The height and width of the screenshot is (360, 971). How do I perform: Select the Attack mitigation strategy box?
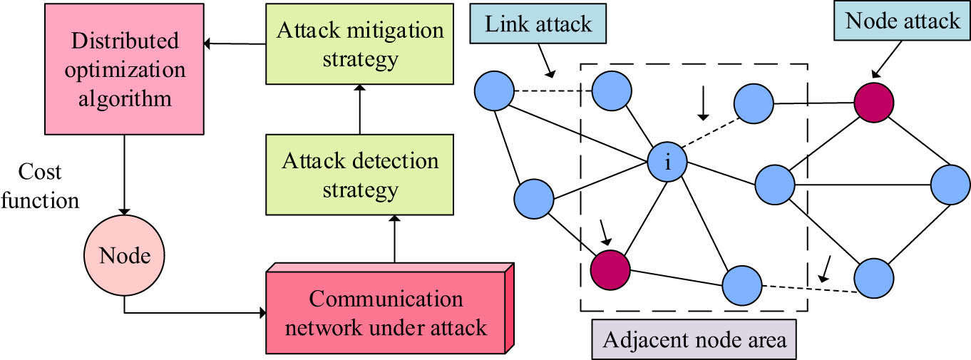coord(359,45)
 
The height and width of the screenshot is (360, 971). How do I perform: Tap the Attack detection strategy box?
coord(359,175)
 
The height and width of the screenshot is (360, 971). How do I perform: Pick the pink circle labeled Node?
coord(124,255)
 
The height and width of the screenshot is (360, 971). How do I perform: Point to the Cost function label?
coord(40,187)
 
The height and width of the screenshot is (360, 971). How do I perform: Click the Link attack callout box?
coord(538,26)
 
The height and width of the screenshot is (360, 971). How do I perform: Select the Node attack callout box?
coord(902,21)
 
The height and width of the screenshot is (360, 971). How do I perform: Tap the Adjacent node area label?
coord(694,339)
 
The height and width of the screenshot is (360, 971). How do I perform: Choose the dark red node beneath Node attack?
coord(874,102)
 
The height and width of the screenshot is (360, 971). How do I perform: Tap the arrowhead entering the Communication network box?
coord(261,312)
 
